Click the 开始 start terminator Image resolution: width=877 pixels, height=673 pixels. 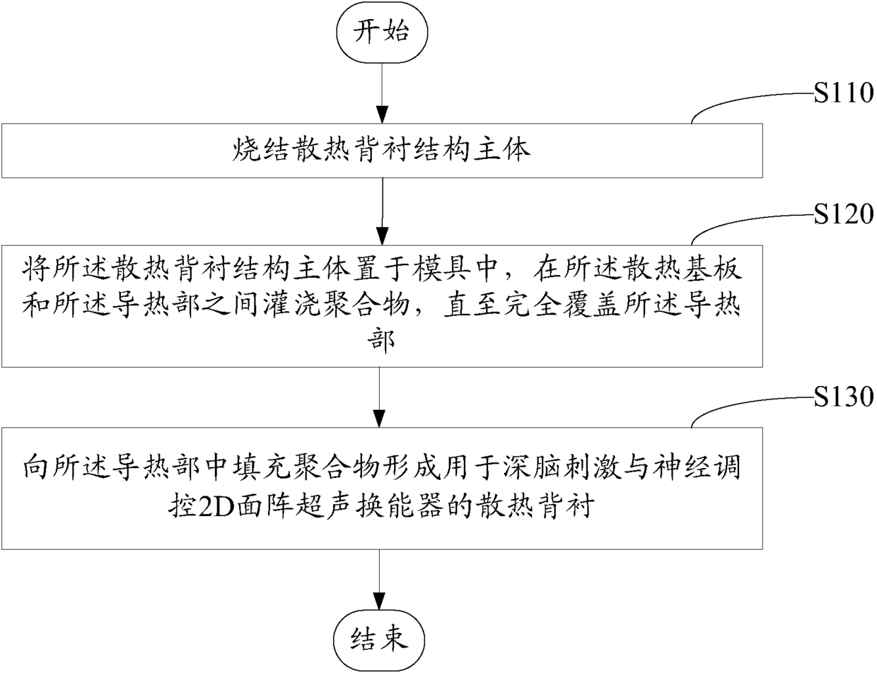382,33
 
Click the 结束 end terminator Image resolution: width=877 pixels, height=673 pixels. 382,639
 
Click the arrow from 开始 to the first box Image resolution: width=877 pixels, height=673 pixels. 382,92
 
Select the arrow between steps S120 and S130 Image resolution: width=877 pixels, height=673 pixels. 382,392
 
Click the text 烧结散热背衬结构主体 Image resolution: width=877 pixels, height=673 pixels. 381,151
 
